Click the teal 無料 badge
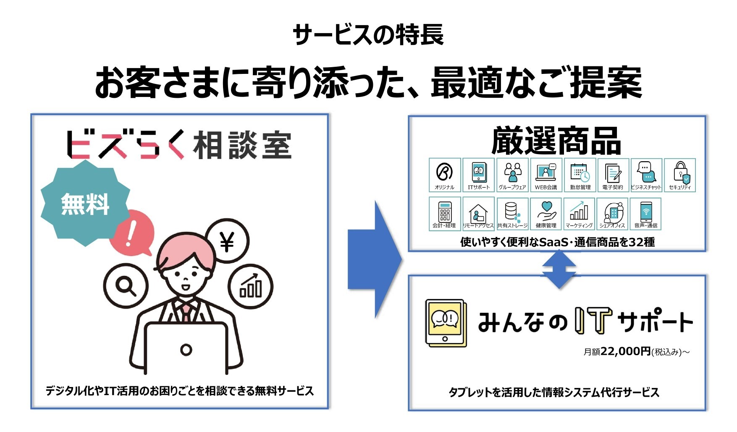click(x=85, y=203)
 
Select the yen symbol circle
click(x=227, y=241)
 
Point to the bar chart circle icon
click(x=251, y=287)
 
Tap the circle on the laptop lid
click(x=186, y=349)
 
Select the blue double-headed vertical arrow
click(x=559, y=269)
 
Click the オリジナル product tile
click(x=445, y=175)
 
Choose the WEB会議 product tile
click(x=546, y=175)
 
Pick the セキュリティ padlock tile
click(x=680, y=175)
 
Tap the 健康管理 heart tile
click(x=546, y=214)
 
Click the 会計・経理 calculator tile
click(x=445, y=214)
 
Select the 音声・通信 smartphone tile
click(x=646, y=214)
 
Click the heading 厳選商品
click(x=556, y=141)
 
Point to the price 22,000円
click(x=626, y=351)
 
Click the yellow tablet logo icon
click(x=446, y=323)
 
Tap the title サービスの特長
click(x=368, y=35)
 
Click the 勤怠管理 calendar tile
click(x=580, y=175)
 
